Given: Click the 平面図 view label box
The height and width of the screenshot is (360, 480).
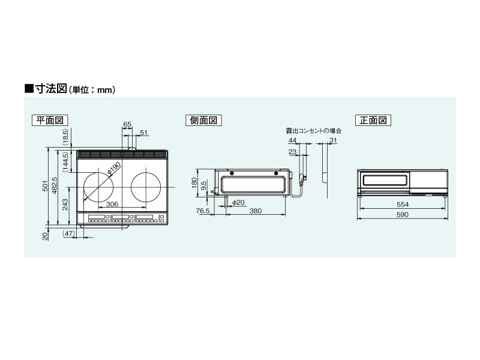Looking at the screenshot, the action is pos(50,121).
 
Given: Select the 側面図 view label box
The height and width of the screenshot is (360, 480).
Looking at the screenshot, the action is pos(203,121).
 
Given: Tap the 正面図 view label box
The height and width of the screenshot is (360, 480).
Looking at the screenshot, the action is pos(373,121).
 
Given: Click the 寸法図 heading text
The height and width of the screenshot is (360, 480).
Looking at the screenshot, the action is pos(51,89).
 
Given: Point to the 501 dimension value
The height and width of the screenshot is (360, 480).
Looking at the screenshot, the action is pos(46,186).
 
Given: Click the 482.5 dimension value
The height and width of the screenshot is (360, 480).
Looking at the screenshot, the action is pos(55,185).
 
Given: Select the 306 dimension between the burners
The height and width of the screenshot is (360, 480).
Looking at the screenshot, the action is pos(112,204).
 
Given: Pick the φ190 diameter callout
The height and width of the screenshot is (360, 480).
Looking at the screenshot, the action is pos(114,169).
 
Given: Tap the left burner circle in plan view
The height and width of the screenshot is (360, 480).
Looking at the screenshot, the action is pos(98,187).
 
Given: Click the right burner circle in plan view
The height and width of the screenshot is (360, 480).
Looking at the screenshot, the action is pos(146,187).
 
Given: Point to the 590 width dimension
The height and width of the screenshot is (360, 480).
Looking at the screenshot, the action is pos(403,215).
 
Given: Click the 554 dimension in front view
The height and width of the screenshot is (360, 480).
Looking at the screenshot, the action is pos(403,205).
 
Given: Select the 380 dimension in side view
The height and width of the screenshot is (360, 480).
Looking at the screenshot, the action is pos(256,211).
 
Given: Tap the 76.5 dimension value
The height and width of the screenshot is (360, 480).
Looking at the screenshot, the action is pos(203,211).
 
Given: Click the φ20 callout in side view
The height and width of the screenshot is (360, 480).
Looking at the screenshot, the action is pos(238,202).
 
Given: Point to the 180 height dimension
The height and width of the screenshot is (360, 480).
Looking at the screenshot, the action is pos(194,183).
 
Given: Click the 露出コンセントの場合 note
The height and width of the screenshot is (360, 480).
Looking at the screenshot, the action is pos(313,131).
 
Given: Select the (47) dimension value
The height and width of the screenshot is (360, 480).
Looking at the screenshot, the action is pos(68,233).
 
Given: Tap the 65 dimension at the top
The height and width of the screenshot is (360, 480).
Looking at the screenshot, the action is pos(127,124).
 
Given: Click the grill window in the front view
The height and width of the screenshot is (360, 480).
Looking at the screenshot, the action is pos(386,179).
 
